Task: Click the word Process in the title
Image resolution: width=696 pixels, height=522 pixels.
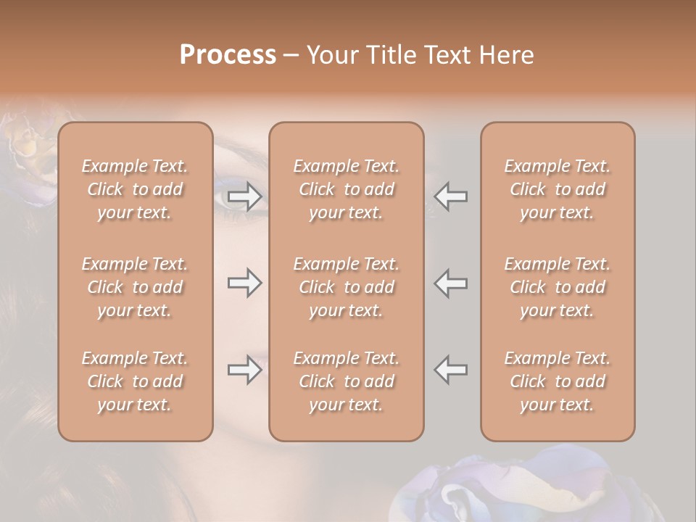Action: pyautogui.click(x=228, y=55)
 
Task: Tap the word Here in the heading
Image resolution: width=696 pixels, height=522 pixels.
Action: pyautogui.click(x=505, y=55)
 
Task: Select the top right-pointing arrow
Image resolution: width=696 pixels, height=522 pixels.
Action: pyautogui.click(x=244, y=196)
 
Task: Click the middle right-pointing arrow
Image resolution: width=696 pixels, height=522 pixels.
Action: pyautogui.click(x=244, y=283)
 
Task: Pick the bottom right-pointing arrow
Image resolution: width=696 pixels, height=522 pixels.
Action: pyautogui.click(x=244, y=370)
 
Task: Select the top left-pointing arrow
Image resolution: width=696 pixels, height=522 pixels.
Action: pyautogui.click(x=451, y=196)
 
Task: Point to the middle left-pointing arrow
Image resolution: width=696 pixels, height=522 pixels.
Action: pyautogui.click(x=451, y=283)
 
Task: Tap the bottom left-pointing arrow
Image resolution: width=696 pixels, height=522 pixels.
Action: pyautogui.click(x=451, y=370)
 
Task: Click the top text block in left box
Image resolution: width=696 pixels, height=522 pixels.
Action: pyautogui.click(x=135, y=189)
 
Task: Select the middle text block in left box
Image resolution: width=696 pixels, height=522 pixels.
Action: pyautogui.click(x=135, y=287)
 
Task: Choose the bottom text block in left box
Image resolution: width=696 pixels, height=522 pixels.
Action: pyautogui.click(x=135, y=381)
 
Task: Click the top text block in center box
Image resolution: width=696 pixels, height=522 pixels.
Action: pyautogui.click(x=347, y=189)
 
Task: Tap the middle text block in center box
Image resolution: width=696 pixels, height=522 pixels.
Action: pyautogui.click(x=347, y=287)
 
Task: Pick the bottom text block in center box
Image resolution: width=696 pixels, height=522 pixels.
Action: pyautogui.click(x=347, y=381)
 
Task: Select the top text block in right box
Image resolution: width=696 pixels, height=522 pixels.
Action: pyautogui.click(x=558, y=189)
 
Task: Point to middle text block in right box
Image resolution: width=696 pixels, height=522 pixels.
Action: pyautogui.click(x=558, y=287)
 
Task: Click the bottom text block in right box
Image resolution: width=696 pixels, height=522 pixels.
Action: pyautogui.click(x=558, y=381)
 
